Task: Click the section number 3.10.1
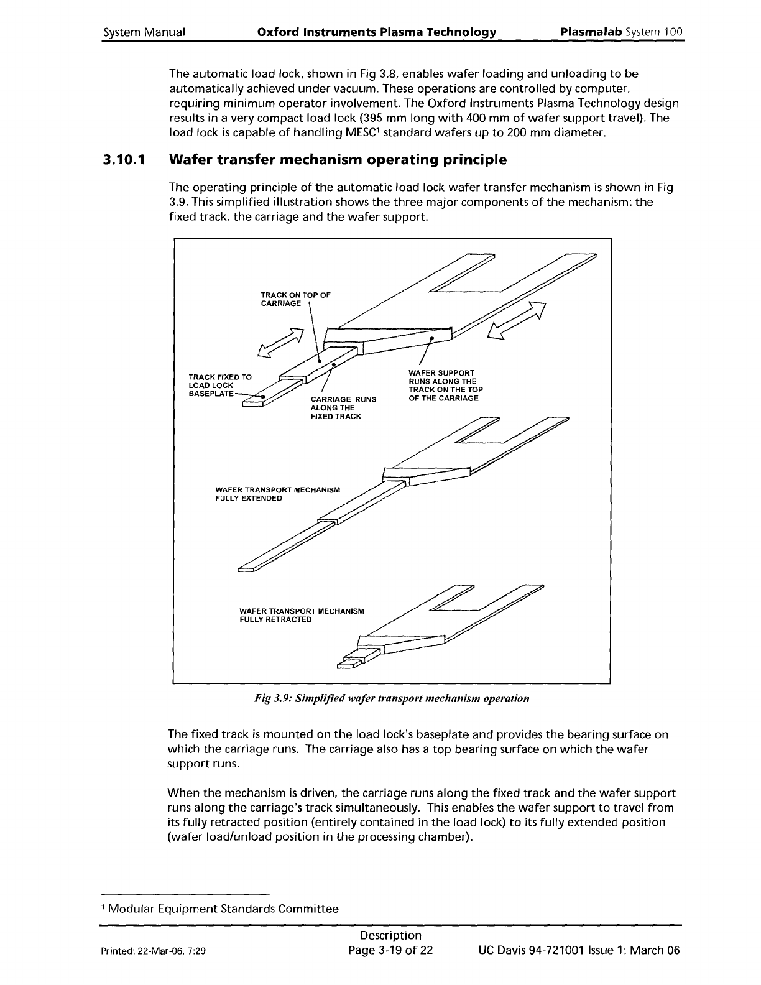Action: click(124, 160)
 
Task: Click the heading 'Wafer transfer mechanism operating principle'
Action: click(338, 160)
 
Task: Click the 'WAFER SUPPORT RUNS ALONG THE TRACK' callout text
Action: click(445, 385)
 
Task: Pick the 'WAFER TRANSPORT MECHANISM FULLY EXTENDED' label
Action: click(277, 494)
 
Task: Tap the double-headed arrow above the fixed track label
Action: click(280, 343)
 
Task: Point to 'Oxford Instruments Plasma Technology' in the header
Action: click(376, 32)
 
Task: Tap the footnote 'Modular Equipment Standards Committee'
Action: click(224, 909)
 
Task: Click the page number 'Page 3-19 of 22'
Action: click(390, 951)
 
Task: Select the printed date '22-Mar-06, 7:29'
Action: click(173, 951)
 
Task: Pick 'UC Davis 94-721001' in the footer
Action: click(530, 951)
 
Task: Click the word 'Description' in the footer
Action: click(390, 936)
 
